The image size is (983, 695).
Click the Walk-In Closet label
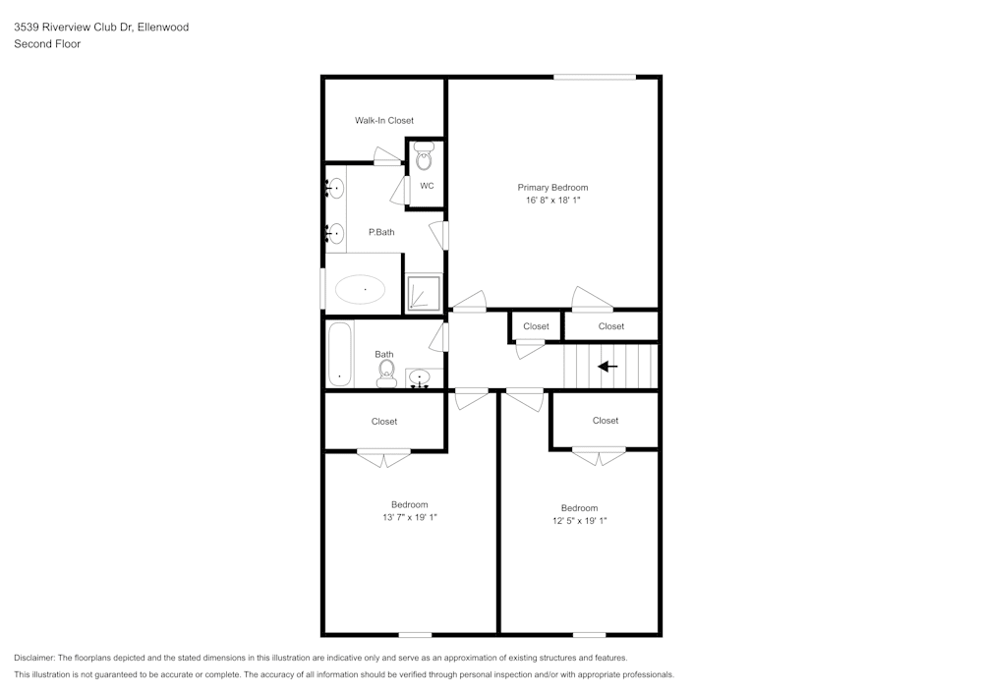(384, 120)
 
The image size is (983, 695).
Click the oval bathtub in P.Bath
(360, 289)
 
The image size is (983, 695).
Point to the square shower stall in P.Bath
(425, 293)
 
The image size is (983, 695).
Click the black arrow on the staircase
(607, 367)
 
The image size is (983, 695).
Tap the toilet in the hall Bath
(386, 372)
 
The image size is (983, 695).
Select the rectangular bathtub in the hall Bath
(340, 354)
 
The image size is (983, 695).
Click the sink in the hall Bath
(420, 376)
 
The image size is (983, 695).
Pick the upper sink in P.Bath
(335, 186)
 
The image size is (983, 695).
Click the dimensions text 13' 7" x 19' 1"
(410, 517)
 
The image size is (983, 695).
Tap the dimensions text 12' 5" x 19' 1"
(579, 521)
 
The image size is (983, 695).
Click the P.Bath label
(381, 232)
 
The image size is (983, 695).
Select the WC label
(427, 186)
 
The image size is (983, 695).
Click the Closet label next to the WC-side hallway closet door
(536, 326)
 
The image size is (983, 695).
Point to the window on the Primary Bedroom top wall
(594, 77)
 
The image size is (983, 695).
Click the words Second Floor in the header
(47, 44)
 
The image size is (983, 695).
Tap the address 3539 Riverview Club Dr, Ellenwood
(100, 28)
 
